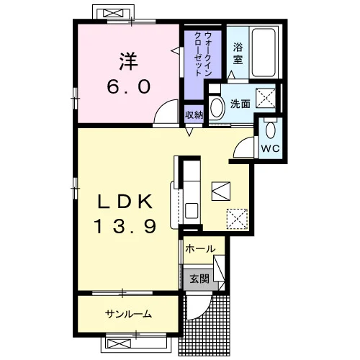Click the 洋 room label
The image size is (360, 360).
tap(129, 61)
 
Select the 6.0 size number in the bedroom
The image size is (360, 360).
tap(129, 86)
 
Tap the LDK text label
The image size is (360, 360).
tap(125, 201)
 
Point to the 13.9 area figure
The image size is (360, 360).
tap(125, 227)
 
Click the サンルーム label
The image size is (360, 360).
tap(128, 314)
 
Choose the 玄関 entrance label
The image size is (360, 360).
tap(199, 279)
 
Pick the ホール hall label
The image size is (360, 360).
tap(200, 249)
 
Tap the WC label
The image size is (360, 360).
tap(270, 148)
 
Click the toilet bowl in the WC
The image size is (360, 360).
tap(271, 130)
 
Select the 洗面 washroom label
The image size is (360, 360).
tap(240, 104)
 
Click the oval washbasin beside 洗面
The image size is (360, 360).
tap(217, 107)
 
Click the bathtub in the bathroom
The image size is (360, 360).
tap(264, 53)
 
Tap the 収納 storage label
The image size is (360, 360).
tap(194, 115)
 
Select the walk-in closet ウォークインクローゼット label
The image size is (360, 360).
tap(203, 54)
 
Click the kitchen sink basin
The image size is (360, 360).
tap(192, 211)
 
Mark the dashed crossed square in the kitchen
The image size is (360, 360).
tap(237, 219)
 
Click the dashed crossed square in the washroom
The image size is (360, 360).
tap(266, 98)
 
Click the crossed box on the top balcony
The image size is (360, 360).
tap(113, 13)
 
